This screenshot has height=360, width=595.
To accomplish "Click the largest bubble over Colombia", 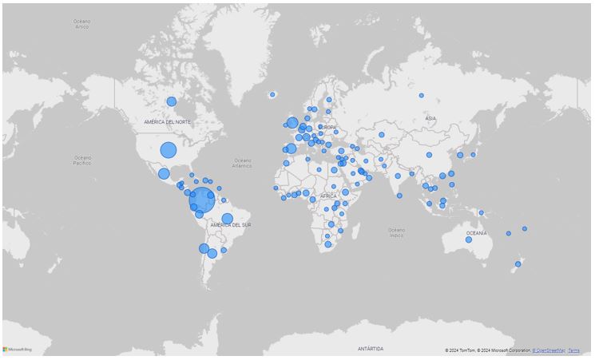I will point(202,200).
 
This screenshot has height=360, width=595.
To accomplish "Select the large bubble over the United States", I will point(168,149).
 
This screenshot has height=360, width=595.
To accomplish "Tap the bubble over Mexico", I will point(164,173).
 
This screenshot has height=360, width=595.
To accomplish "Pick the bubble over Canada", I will point(171,101).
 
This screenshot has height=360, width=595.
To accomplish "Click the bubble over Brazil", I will point(227,219).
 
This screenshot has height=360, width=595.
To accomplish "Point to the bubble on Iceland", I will point(272,95).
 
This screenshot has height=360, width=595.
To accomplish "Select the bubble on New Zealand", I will point(518,263).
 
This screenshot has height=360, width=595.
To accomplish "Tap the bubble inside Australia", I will point(469,239).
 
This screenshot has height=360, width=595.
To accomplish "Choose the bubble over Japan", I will point(473,154).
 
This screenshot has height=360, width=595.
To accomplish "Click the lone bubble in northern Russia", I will point(422,96).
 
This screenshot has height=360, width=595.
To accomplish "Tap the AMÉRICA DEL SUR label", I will point(231,226).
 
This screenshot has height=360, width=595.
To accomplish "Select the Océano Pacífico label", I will point(83,160).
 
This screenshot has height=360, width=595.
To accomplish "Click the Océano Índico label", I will point(396,232).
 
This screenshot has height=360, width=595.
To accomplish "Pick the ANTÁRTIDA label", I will point(370,349).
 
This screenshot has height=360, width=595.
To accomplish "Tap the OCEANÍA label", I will point(476,233).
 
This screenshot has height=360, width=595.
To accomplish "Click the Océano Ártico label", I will point(81,25).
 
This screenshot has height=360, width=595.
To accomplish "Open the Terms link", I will point(573,350).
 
